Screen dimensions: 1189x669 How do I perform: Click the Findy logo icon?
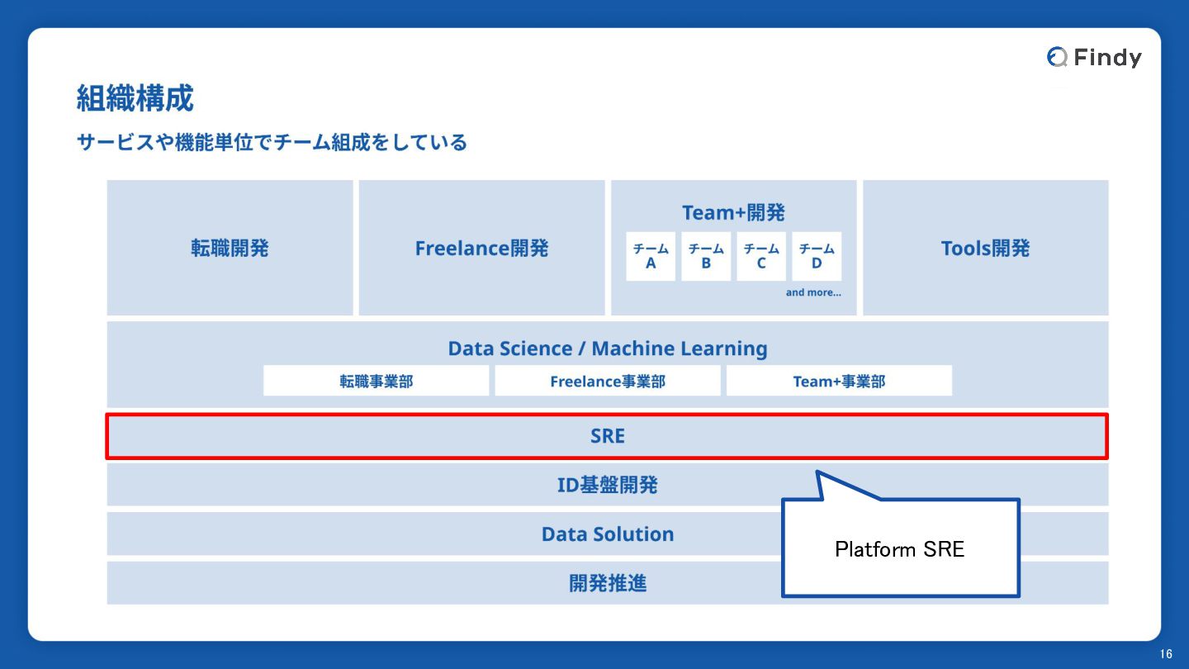(x=1057, y=57)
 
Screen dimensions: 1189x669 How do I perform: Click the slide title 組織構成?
(x=135, y=98)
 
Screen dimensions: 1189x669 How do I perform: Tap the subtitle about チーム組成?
(x=272, y=142)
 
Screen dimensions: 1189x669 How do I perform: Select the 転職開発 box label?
(x=230, y=248)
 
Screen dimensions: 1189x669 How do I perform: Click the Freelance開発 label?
(x=481, y=248)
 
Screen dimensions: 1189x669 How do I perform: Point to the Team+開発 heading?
(x=733, y=212)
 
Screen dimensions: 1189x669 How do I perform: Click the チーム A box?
(x=651, y=256)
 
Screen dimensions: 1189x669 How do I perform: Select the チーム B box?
(x=706, y=256)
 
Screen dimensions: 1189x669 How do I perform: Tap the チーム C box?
(x=761, y=256)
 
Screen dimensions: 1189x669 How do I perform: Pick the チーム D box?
(x=817, y=256)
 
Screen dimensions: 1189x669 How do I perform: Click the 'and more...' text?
(x=813, y=292)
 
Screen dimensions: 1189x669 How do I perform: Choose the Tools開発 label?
(x=986, y=248)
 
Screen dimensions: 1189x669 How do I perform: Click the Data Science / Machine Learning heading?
(x=608, y=349)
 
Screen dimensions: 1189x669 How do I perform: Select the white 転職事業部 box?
(x=377, y=381)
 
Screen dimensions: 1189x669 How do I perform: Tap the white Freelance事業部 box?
(x=608, y=381)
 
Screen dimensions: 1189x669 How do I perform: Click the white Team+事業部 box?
(x=839, y=381)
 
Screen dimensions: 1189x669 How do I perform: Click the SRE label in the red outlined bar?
(x=608, y=436)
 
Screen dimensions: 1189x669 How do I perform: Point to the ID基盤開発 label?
(x=608, y=485)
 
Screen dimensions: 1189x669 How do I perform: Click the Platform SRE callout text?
(x=900, y=549)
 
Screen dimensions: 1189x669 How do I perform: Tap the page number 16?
(x=1166, y=654)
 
